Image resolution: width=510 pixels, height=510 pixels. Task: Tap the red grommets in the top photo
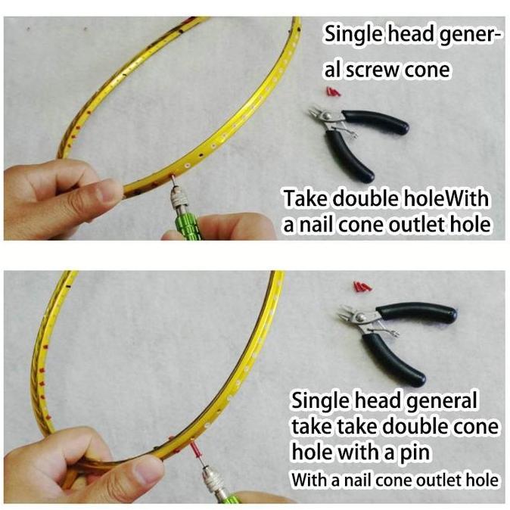coord(330,92)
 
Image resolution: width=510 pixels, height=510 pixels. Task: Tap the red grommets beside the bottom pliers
coord(361,288)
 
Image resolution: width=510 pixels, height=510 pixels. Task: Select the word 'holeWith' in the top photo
coord(451,200)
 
